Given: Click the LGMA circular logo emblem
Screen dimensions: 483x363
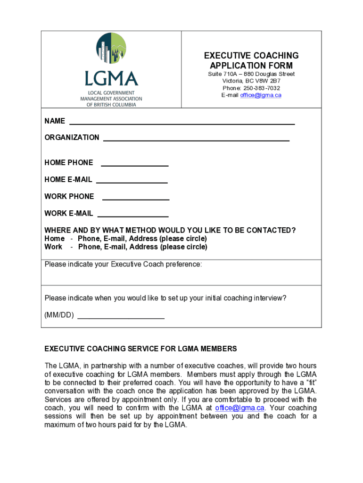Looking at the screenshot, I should (111, 48).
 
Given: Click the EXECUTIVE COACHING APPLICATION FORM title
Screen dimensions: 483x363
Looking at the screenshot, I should (251, 61).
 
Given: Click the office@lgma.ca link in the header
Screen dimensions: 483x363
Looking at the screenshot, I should (261, 95).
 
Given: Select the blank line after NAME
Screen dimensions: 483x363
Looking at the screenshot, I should (182, 124).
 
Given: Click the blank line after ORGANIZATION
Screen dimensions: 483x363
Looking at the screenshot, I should (196, 140).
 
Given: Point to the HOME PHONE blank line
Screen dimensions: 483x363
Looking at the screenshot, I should (135, 165).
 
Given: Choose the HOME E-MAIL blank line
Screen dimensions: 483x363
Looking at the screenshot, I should (132, 182).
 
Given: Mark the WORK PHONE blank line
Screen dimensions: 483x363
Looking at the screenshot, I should (136, 199).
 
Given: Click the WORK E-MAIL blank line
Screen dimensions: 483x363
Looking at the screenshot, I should (133, 216).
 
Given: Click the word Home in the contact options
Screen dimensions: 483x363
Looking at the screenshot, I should (54, 239).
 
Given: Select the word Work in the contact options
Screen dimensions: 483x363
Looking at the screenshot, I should (53, 247).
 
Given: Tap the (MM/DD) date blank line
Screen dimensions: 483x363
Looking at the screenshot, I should (121, 318).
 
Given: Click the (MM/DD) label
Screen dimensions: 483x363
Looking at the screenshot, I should (59, 315).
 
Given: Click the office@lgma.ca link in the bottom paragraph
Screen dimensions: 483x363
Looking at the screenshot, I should (239, 408).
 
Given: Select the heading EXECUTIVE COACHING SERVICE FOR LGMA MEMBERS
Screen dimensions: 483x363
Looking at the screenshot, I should (140, 349).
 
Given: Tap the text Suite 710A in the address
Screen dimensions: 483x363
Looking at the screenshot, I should (222, 75).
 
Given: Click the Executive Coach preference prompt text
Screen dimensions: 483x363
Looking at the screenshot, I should (123, 264).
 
